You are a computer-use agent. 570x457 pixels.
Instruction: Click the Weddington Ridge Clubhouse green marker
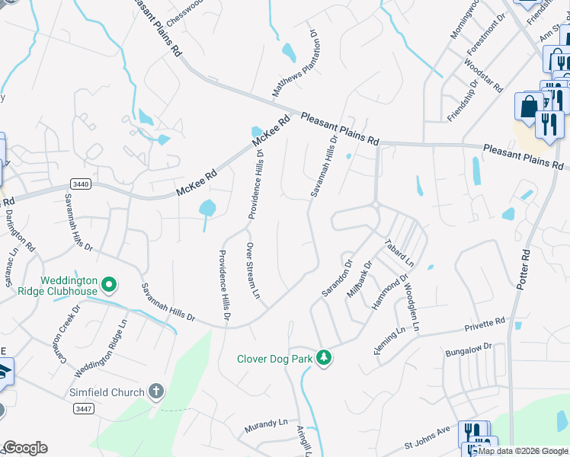(x=109, y=285)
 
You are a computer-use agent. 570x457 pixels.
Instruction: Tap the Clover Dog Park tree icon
(x=324, y=357)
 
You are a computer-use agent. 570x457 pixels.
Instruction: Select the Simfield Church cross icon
(x=155, y=392)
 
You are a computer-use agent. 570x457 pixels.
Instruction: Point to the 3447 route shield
(x=85, y=409)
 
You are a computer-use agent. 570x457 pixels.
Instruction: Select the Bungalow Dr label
(x=468, y=350)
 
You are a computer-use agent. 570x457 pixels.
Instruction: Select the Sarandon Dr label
(x=336, y=280)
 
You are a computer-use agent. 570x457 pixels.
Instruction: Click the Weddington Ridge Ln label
(x=100, y=350)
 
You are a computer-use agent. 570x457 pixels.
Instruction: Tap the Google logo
(x=25, y=448)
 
